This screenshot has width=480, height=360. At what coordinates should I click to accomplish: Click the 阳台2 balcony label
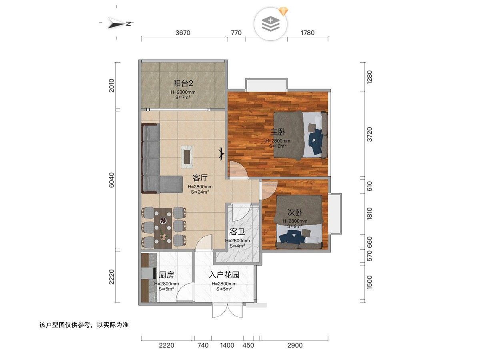183,83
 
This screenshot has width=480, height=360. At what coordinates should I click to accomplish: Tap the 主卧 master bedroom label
278,132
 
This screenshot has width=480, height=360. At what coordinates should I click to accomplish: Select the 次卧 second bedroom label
295,212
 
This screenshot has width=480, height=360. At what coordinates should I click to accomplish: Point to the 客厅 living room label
200,178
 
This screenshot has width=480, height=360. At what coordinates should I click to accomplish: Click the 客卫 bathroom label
237,232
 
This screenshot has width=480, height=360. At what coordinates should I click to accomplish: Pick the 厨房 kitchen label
166,275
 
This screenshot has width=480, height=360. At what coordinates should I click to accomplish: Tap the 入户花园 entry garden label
224,275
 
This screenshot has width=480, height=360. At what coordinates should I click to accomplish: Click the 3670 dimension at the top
183,33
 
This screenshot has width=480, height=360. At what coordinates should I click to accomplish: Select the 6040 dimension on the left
112,180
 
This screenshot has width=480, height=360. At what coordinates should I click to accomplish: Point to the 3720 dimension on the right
369,134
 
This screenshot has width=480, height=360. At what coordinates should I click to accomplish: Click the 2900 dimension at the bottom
295,345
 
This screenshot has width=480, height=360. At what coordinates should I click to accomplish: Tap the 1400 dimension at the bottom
227,345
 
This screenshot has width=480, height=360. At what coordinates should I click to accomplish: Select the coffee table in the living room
187,157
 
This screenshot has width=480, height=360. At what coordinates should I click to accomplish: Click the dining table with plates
162,228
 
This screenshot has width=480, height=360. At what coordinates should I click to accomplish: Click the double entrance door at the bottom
227,310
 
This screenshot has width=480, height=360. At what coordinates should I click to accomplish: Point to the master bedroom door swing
238,170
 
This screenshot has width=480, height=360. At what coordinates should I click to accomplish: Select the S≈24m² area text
200,192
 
